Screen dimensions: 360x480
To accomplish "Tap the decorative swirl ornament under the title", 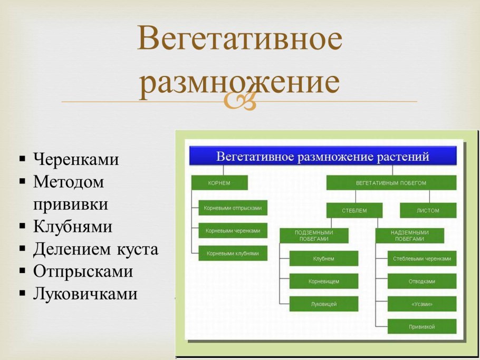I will (240, 101).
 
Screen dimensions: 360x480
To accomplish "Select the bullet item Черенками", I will (76, 159).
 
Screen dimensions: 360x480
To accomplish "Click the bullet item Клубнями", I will (73, 227).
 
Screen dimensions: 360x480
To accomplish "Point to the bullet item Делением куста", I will (95, 249).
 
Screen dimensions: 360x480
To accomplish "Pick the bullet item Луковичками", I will (85, 294).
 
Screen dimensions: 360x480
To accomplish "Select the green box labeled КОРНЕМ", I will (219, 183).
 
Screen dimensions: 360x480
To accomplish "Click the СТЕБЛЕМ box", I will (354, 210).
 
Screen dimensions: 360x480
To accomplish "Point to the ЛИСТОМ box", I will (427, 210).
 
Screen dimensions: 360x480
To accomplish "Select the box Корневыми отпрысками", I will (233, 208).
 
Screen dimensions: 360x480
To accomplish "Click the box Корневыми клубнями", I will (233, 253).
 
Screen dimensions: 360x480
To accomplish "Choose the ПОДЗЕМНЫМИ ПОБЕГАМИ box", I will (314, 235).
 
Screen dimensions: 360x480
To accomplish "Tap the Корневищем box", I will (323, 281).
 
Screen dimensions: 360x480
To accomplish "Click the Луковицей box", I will (323, 304).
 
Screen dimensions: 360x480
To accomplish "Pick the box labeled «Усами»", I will (422, 304).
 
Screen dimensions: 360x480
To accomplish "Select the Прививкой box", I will (422, 326).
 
